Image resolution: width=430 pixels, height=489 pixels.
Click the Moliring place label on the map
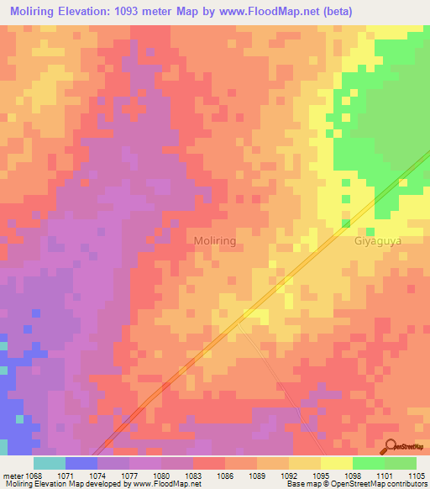click(x=215, y=240)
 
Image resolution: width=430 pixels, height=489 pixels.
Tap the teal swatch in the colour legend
click(x=50, y=463)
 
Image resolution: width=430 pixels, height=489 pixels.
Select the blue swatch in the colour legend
click(x=81, y=463)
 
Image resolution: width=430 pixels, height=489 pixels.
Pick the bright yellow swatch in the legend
click(x=337, y=463)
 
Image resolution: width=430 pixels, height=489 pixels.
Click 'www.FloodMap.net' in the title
click(x=267, y=10)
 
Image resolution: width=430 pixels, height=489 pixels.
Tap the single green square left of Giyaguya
click(x=346, y=223)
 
